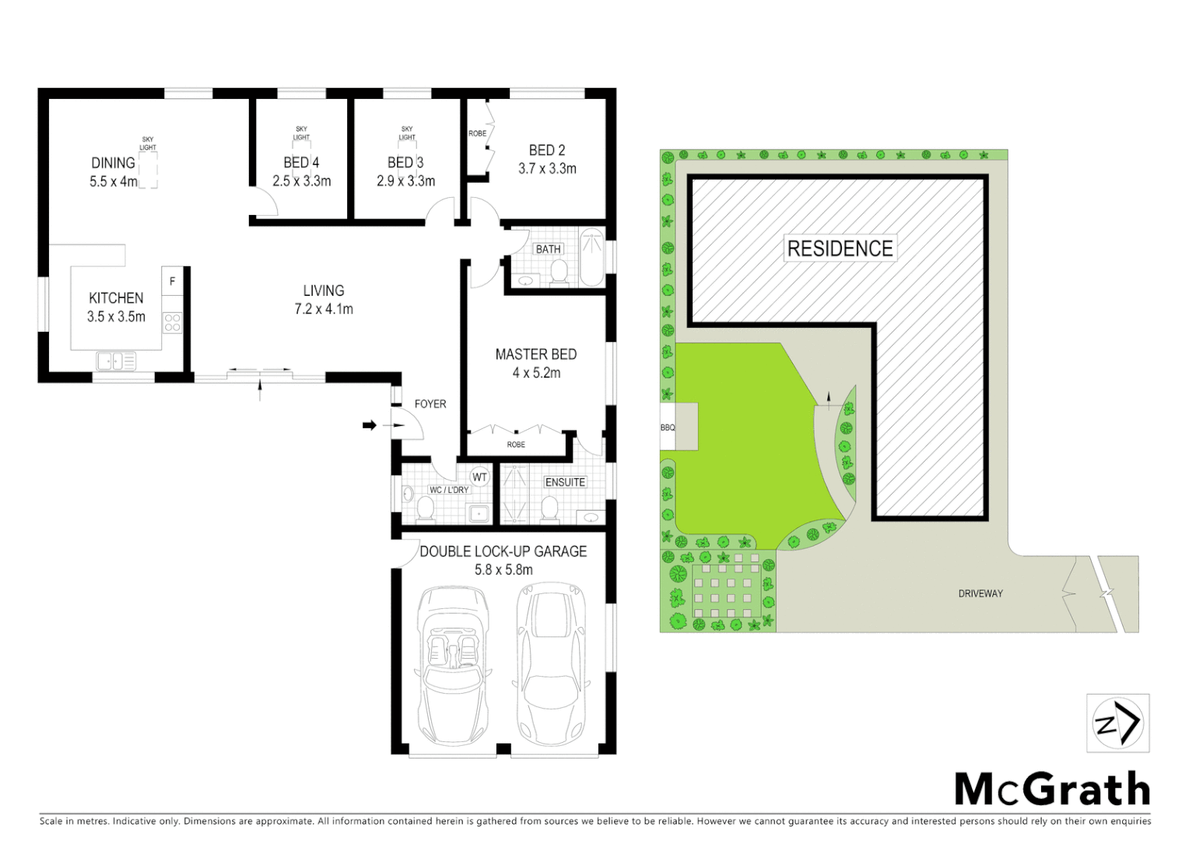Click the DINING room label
pos(114,163)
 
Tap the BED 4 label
pos(300,163)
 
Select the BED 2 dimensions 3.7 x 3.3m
pos(547,168)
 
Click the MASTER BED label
pos(535,354)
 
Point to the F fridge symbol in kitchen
pos(172,281)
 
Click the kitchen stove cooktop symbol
pos(171,322)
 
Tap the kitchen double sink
pos(115,361)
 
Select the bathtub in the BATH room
pos(592,257)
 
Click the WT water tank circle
pos(479,477)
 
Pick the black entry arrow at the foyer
pos(370,425)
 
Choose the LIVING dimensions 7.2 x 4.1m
pos(323,309)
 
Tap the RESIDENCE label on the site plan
pos(840,248)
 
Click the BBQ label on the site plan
pos(668,428)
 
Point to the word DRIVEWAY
pos(980,593)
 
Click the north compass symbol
pos(1117,723)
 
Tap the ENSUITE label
pos(565,482)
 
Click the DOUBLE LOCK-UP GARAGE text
pos(503,551)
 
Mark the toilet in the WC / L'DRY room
pos(425,508)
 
